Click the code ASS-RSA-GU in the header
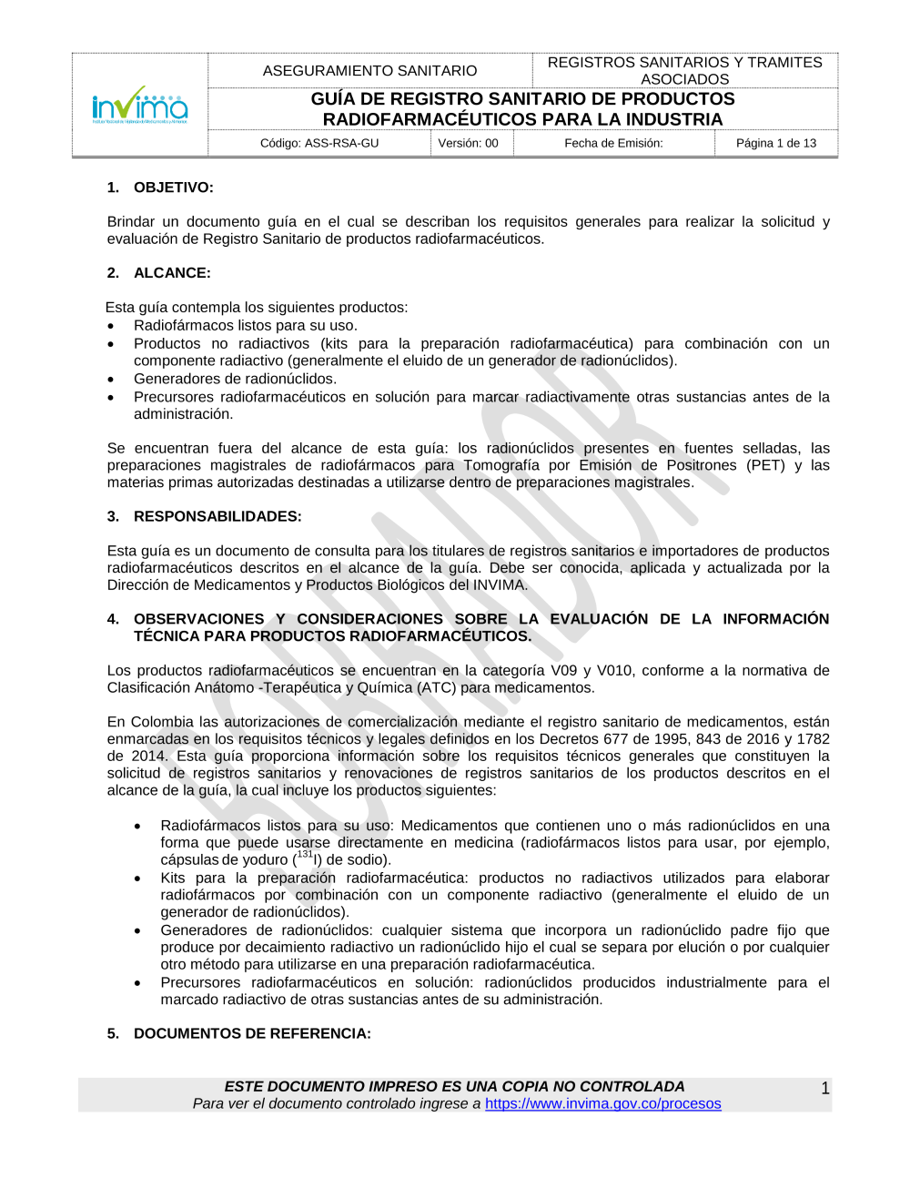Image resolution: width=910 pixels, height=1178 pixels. (x=319, y=143)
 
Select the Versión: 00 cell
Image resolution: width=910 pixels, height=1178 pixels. (x=469, y=143)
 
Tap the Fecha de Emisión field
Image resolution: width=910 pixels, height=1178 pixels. (x=613, y=143)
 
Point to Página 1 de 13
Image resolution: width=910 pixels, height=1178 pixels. (x=776, y=143)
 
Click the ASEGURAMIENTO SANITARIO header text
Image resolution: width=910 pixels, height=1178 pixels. (x=369, y=71)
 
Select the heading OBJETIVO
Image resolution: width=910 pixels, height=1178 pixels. (x=173, y=188)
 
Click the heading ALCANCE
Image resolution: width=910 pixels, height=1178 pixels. (x=172, y=273)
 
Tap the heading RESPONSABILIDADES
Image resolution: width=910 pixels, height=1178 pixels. (x=217, y=516)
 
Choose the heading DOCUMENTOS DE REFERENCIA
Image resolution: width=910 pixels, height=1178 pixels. (x=252, y=1034)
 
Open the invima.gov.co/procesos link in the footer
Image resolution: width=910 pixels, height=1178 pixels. (x=602, y=1104)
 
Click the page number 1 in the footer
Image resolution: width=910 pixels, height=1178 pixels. (x=825, y=1089)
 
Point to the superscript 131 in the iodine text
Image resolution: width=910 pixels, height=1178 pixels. (x=305, y=855)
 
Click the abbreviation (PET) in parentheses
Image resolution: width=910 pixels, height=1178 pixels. (x=765, y=465)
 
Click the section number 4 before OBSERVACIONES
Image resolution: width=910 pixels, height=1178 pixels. (x=112, y=619)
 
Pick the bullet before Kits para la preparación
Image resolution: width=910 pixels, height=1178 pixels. (x=137, y=879)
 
